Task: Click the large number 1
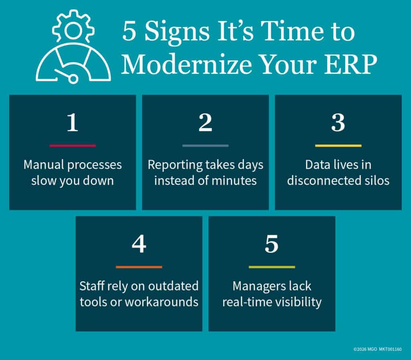tap(72, 124)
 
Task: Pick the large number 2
tap(205, 124)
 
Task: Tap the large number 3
tap(338, 124)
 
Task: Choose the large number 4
tap(139, 245)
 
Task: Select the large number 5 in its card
tap(272, 245)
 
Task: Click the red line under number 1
tap(72, 145)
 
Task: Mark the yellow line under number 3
tap(338, 145)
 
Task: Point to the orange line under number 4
tap(139, 267)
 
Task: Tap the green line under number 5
tap(272, 267)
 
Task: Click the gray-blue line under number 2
tap(205, 145)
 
